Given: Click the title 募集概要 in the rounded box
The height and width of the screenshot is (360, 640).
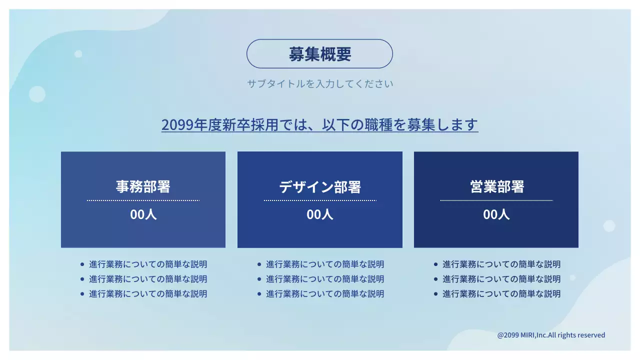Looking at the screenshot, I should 319,54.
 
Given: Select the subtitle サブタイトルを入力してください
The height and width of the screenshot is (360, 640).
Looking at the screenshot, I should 319,83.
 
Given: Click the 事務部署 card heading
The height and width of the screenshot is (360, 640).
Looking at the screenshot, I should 143,186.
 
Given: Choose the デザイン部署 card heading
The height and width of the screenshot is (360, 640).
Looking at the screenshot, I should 319,187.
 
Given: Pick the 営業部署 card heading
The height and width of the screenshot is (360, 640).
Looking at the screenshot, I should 496,186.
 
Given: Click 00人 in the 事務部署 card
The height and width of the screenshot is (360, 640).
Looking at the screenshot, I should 143,214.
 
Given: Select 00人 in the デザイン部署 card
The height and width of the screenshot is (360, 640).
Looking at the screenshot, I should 319,214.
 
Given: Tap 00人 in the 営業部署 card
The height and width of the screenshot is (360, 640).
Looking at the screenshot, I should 496,214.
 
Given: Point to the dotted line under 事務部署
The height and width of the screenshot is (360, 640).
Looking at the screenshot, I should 143,200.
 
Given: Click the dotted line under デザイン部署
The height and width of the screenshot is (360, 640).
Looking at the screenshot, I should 319,200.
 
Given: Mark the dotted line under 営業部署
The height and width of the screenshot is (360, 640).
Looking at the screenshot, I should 496,200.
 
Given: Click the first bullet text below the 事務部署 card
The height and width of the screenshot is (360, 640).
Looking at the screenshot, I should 148,264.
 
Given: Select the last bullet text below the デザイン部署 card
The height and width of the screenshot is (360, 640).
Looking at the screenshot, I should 324,294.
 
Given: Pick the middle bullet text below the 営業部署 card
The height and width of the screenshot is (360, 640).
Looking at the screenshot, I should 501,279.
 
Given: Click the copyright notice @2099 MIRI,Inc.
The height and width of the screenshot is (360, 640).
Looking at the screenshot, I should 551,335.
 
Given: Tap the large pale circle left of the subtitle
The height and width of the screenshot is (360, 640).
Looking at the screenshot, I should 37,94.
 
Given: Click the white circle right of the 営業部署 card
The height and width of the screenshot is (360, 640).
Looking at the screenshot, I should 609,226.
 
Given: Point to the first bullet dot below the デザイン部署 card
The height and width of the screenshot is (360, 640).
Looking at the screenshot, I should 259,264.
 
